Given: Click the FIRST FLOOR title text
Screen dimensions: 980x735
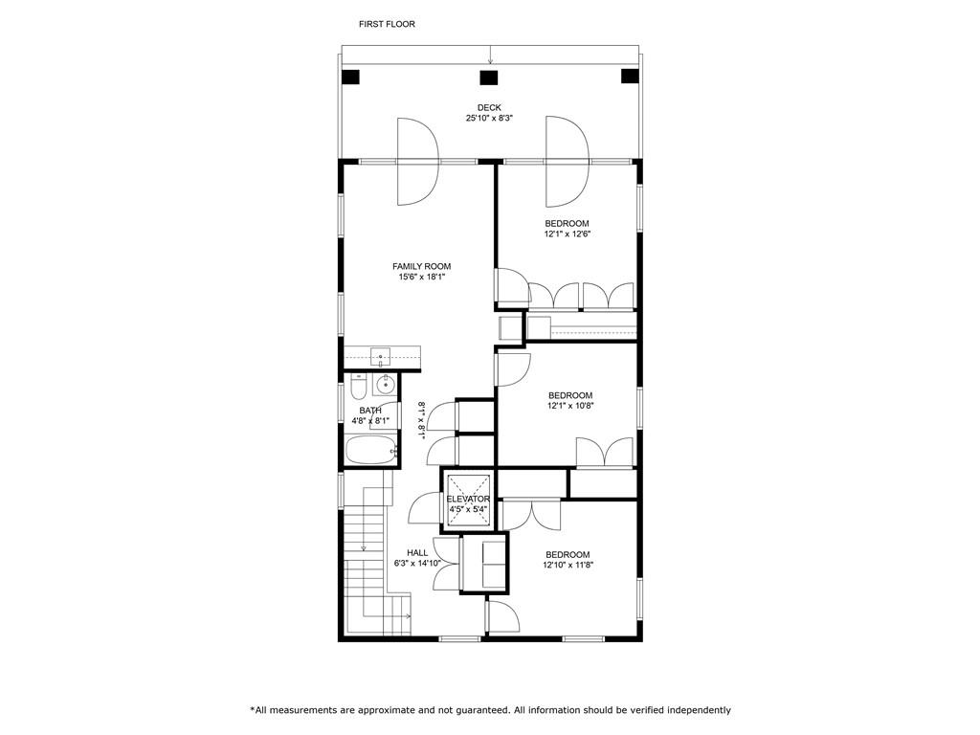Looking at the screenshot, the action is click(x=387, y=24).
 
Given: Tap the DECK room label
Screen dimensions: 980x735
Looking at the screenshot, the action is click(x=489, y=107).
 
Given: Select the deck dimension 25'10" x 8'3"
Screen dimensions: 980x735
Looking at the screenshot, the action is click(x=489, y=118).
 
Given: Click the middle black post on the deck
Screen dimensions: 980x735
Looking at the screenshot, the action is click(x=489, y=78).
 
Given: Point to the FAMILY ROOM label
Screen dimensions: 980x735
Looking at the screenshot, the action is click(x=421, y=266).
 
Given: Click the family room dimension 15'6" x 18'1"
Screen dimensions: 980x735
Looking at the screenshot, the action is click(x=421, y=277).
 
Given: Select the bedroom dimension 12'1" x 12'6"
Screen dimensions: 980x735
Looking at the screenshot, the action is click(x=567, y=234).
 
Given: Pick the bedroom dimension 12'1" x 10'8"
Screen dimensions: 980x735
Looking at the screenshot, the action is click(x=570, y=406).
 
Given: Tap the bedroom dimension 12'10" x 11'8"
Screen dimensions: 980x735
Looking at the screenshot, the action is click(x=568, y=565).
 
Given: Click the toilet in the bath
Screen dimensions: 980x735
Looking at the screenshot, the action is click(x=358, y=387).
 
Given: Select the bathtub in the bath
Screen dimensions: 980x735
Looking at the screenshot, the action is click(x=371, y=450).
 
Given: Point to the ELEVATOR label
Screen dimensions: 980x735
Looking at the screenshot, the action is click(x=468, y=499).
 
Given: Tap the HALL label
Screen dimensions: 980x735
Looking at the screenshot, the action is click(x=417, y=552).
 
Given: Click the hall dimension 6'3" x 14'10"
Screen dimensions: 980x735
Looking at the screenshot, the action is click(x=417, y=563).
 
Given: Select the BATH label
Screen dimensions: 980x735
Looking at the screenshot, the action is click(x=370, y=411).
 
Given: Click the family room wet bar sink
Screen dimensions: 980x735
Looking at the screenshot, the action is click(x=380, y=357).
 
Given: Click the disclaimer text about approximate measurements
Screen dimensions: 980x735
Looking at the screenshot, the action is click(x=491, y=710).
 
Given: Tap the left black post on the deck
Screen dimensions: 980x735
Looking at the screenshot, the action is click(x=351, y=77).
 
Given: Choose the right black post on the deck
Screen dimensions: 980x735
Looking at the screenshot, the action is click(x=630, y=77).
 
